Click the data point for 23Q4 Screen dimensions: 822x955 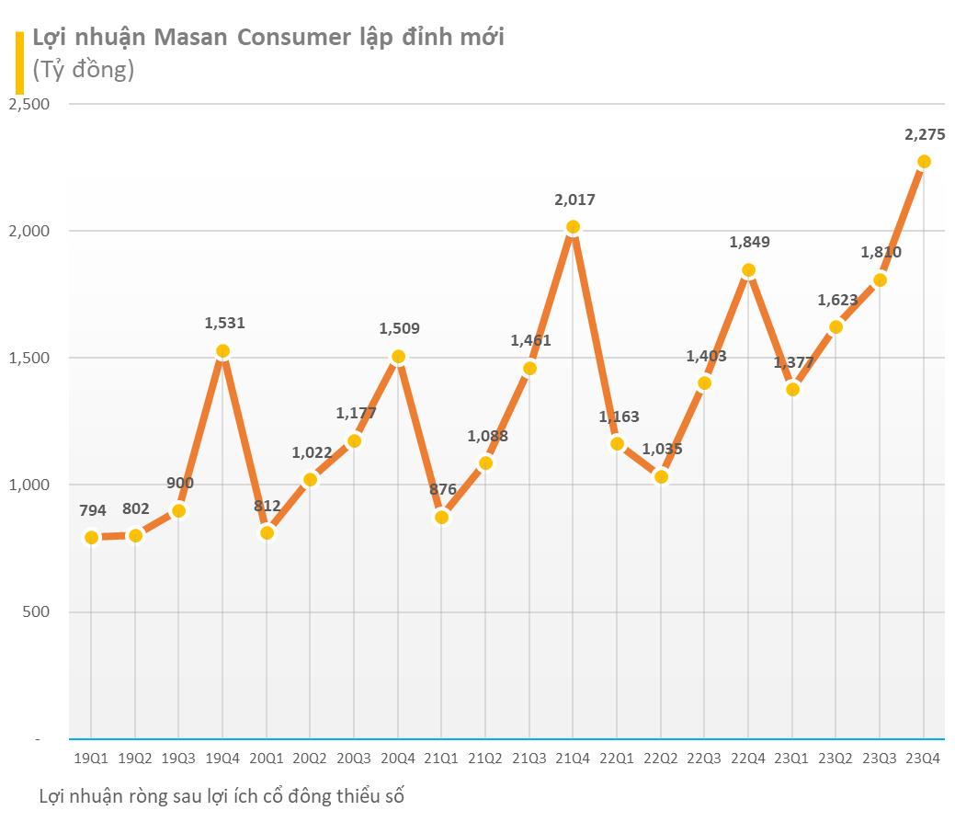coord(924,162)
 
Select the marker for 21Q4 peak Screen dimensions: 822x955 coord(573,227)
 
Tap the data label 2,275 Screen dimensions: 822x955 coord(925,134)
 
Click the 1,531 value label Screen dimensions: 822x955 coord(224,323)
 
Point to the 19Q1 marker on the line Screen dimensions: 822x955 coord(91,538)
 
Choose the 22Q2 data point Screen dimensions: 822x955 coord(661,476)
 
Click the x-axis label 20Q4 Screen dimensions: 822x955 coord(398,758)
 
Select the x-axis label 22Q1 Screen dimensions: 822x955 coord(617,758)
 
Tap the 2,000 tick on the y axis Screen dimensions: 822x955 coord(29,231)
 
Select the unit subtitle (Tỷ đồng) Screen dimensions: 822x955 coord(83,69)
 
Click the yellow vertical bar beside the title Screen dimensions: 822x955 coord(19,62)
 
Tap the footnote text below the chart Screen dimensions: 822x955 coord(222,796)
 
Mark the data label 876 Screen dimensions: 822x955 coord(443,489)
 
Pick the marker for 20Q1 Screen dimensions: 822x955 coord(267,533)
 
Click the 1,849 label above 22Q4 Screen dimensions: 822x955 coord(749,242)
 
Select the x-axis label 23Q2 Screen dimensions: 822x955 coord(836,758)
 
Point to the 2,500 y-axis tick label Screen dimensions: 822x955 coord(29,104)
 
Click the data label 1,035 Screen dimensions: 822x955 coord(662,449)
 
